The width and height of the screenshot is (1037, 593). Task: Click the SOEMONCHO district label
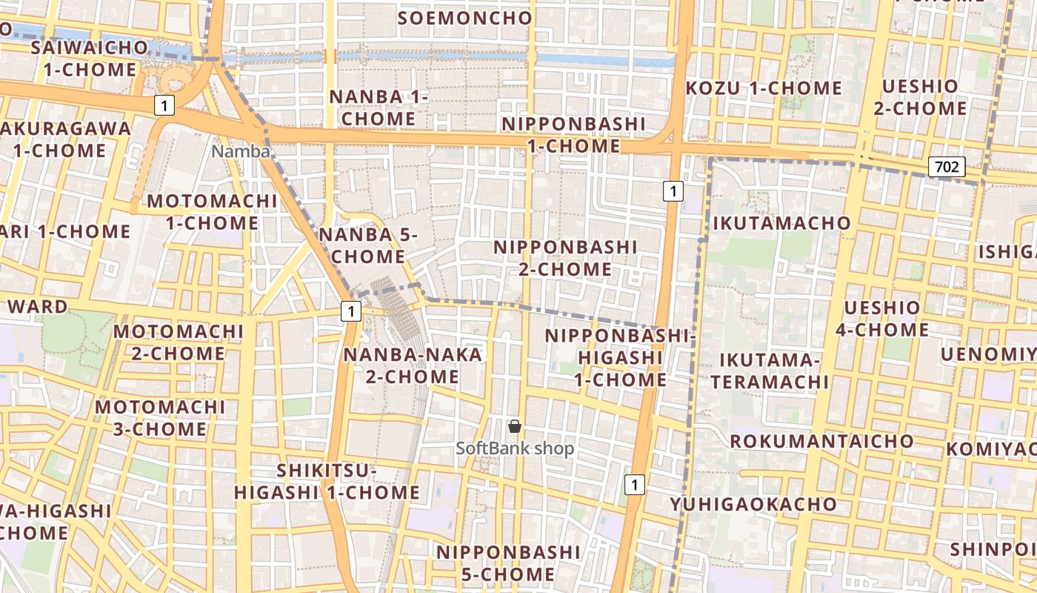(464, 18)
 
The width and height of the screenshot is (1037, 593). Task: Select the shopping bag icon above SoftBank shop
(515, 426)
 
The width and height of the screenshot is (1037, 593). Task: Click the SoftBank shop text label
(515, 448)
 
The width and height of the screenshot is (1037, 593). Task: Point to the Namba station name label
(241, 151)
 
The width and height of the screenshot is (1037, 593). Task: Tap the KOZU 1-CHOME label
(764, 88)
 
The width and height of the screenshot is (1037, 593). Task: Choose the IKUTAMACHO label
(781, 223)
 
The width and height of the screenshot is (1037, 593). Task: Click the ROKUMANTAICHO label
(821, 441)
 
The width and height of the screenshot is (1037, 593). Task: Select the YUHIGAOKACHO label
(754, 505)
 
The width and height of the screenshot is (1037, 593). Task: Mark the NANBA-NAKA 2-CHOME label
(413, 365)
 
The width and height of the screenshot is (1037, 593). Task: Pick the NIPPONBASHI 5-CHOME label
(508, 563)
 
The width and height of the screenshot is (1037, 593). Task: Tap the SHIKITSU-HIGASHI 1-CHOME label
(327, 482)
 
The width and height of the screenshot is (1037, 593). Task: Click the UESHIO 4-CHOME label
(882, 319)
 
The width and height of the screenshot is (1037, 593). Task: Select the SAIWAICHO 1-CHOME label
(90, 59)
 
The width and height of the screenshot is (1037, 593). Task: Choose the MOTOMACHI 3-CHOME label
(160, 418)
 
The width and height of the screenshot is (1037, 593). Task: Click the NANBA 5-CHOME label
(368, 246)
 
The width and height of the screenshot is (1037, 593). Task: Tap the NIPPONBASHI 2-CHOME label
(565, 257)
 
